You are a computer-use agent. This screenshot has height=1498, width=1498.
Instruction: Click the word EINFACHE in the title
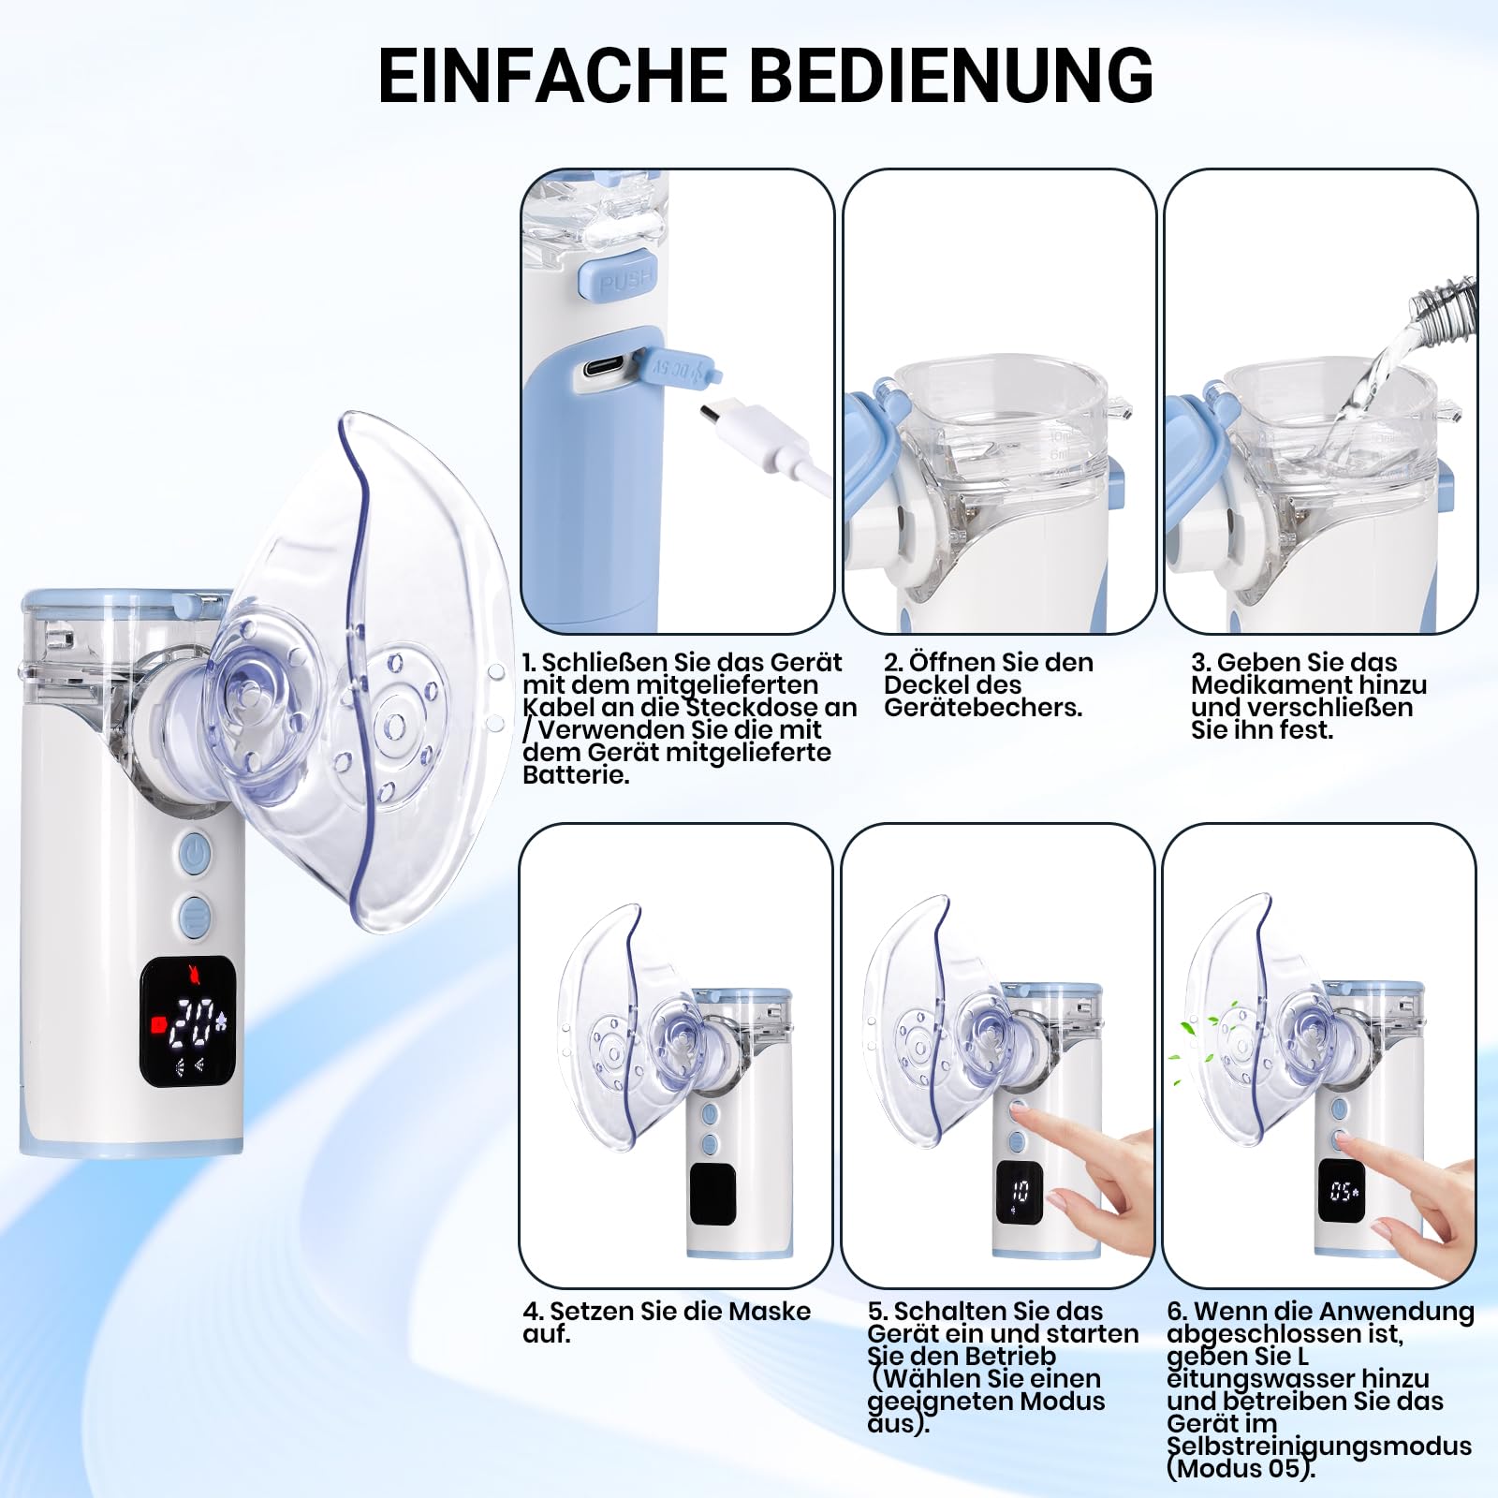click(553, 74)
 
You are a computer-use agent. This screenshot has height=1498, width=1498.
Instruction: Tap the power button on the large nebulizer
click(195, 855)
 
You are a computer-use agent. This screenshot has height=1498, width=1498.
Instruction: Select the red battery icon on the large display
click(157, 1022)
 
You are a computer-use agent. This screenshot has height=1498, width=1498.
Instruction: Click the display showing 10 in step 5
click(1019, 1192)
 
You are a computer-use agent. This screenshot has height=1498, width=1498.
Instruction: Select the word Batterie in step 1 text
click(576, 775)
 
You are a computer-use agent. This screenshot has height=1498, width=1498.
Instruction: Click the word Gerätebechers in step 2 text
click(983, 708)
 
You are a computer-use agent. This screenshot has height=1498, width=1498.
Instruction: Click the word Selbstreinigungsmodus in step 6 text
click(1319, 1447)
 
